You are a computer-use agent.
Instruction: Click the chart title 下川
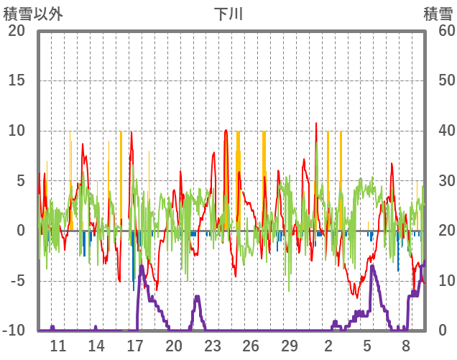coord(228,14)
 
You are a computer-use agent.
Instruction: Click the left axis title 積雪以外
coord(33,14)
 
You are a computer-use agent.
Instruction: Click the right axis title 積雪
coord(438,14)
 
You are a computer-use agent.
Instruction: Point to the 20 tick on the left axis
coord(17,31)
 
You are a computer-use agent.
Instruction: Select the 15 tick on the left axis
coord(17,80)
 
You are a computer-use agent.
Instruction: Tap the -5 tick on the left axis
coord(17,281)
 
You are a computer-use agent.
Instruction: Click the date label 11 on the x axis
coord(58,345)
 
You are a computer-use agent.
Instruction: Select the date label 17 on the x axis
coord(135,345)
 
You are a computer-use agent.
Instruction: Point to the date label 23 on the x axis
coord(212,345)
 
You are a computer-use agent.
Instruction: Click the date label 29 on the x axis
coord(290,345)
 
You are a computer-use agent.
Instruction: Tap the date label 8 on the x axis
coord(405,345)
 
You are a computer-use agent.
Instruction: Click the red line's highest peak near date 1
coord(316,124)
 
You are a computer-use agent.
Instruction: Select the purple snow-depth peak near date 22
coord(197,296)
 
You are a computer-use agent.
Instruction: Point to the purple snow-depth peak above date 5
coord(372,266)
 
